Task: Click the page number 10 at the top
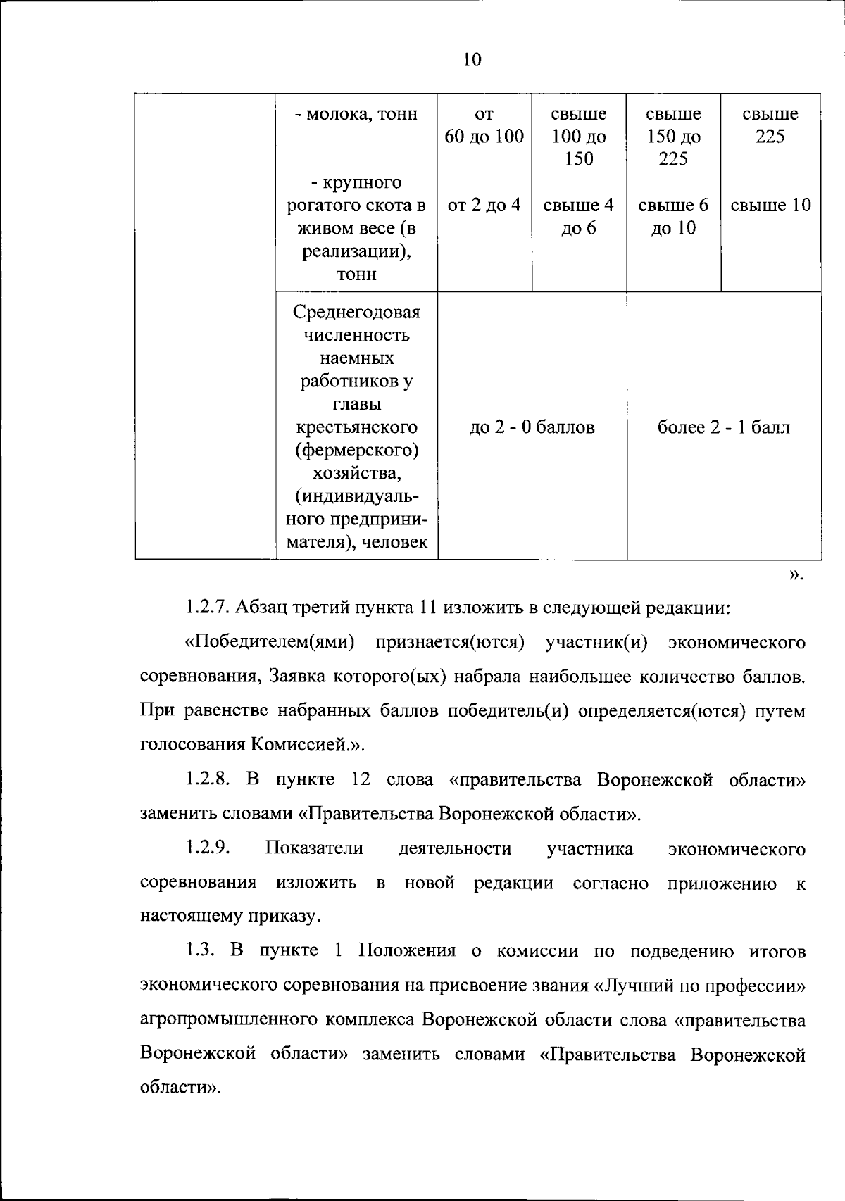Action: pos(472,60)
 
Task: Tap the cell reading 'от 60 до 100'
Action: pos(484,125)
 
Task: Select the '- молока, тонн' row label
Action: pos(356,114)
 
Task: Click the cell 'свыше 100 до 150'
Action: pos(579,136)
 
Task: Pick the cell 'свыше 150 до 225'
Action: pos(673,136)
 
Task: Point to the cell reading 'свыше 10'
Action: pos(770,206)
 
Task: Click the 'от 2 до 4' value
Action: pos(484,206)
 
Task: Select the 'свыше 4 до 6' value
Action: pos(579,216)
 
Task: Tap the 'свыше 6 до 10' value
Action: pos(673,216)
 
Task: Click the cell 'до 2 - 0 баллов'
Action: pos(532,427)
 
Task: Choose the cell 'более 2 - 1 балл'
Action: pos(724,427)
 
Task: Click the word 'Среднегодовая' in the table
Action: pos(356,312)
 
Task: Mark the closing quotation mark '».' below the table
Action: pos(795,576)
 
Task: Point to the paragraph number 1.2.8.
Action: pos(208,780)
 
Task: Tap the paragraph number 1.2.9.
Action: pos(208,848)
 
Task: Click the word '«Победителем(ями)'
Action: pos(269,643)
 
